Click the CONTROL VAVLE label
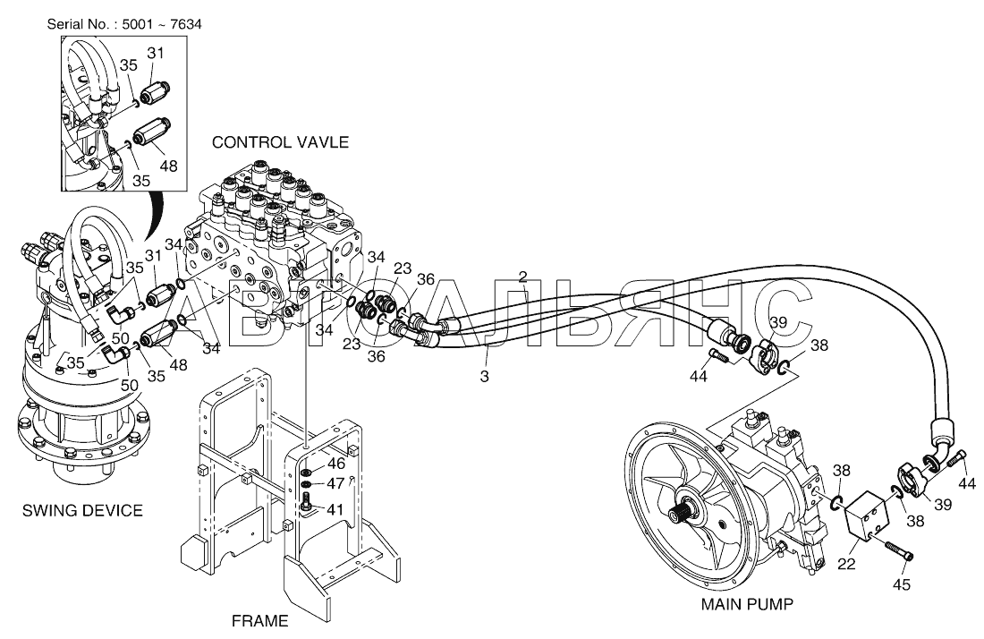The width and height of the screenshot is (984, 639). [280, 142]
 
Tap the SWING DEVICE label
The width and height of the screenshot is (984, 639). [83, 510]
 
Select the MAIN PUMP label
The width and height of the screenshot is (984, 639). [747, 604]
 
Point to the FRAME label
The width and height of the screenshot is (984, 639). [259, 621]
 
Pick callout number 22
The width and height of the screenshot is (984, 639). [846, 564]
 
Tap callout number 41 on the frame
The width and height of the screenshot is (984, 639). [335, 510]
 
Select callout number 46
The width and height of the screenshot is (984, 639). [336, 464]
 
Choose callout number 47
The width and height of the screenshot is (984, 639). [336, 483]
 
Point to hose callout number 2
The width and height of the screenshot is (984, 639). [522, 277]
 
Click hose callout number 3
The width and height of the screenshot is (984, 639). [485, 377]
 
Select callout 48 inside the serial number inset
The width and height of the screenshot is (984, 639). [168, 166]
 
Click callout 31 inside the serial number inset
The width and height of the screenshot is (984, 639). [155, 54]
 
